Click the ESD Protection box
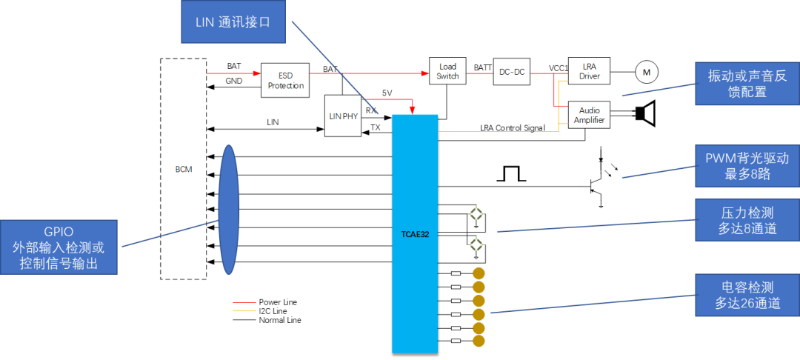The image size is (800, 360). point(285,81)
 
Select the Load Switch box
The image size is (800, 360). point(447,71)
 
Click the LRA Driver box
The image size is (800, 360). point(589,71)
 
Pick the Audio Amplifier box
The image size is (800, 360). point(589,115)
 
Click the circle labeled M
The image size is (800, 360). point(646,72)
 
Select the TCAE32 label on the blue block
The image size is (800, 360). point(415,233)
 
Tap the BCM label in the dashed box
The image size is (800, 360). point(184,169)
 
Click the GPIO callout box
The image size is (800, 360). point(59,247)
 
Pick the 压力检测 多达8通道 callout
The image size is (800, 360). point(747,220)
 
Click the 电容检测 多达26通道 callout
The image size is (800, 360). point(747,294)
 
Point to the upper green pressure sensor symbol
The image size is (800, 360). point(476,214)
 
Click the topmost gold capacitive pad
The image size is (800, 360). point(479,273)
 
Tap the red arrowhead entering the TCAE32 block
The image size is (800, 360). point(412,110)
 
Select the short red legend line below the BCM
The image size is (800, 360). point(244,302)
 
